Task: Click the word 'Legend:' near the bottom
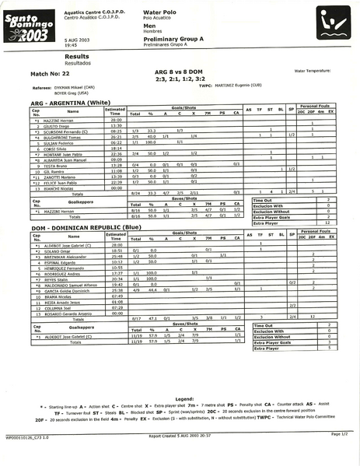[x=184, y=398]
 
